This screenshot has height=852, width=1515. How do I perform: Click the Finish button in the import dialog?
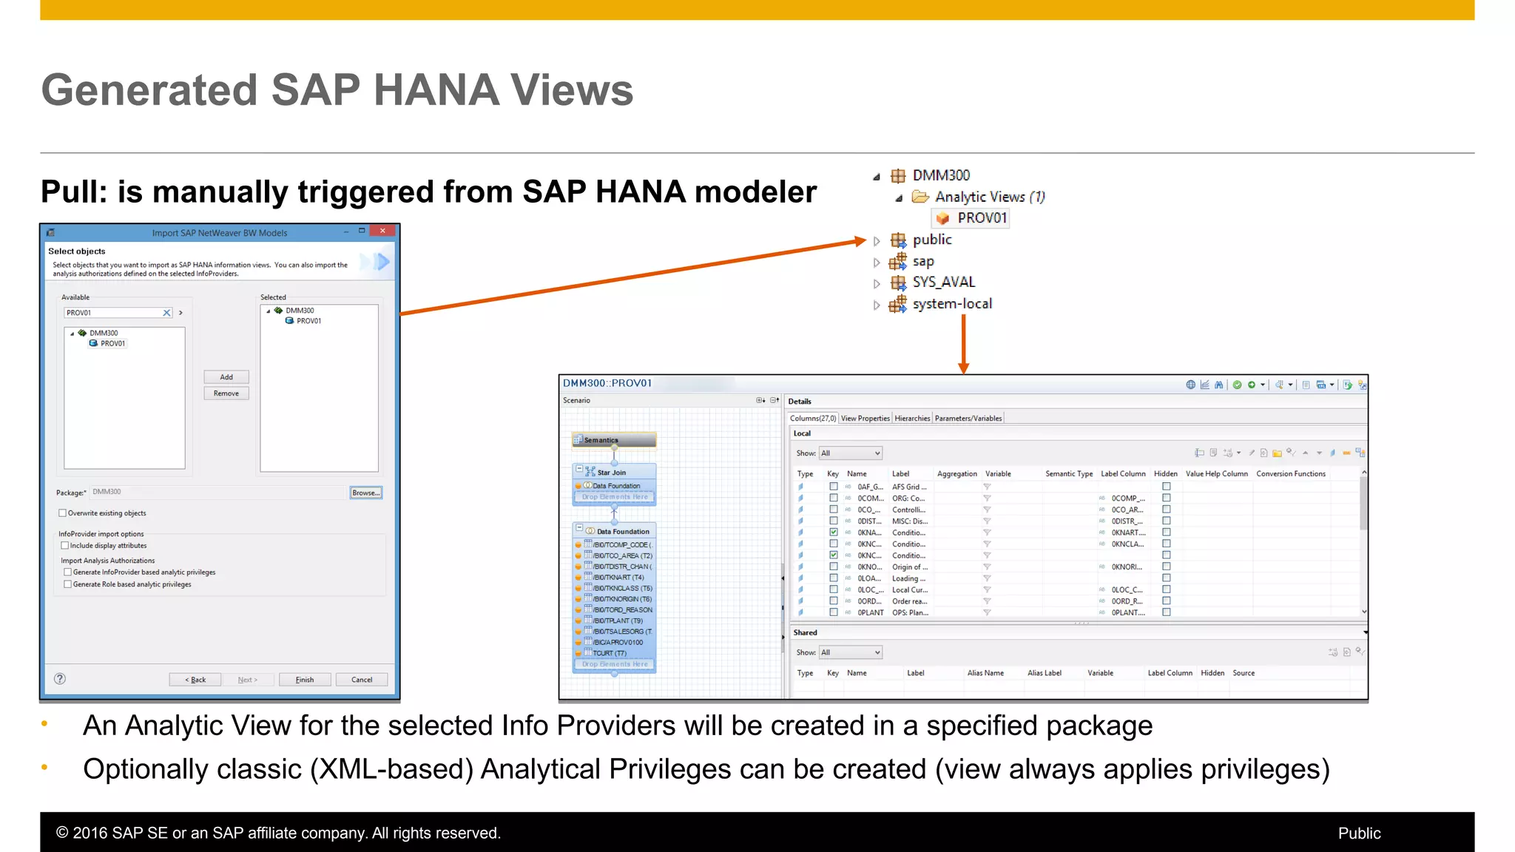pyautogui.click(x=305, y=680)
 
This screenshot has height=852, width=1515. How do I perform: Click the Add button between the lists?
pyautogui.click(x=226, y=377)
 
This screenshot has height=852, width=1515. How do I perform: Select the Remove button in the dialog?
pyautogui.click(x=226, y=393)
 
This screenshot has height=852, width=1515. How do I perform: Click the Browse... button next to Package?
pyautogui.click(x=365, y=493)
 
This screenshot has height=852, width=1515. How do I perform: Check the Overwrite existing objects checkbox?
pyautogui.click(x=63, y=513)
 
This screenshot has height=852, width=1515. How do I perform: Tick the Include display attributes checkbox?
pyautogui.click(x=65, y=546)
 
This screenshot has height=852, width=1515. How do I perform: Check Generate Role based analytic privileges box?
pyautogui.click(x=68, y=584)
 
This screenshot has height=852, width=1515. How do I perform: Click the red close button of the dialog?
pyautogui.click(x=382, y=231)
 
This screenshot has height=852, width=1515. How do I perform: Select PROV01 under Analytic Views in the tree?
pyautogui.click(x=981, y=218)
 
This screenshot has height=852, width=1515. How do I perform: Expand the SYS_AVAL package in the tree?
pyautogui.click(x=877, y=283)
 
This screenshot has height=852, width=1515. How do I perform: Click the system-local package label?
pyautogui.click(x=952, y=304)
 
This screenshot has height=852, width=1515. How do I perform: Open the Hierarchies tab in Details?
pyautogui.click(x=912, y=419)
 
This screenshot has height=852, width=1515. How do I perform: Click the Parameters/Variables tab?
pyautogui.click(x=968, y=419)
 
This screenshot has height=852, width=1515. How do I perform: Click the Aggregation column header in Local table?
pyautogui.click(x=956, y=474)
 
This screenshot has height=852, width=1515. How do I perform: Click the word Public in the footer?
pyautogui.click(x=1359, y=834)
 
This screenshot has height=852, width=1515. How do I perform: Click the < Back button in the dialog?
pyautogui.click(x=195, y=680)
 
